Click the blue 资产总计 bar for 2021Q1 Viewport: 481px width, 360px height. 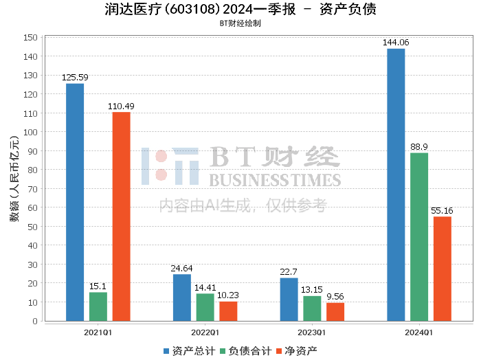[x=75, y=202]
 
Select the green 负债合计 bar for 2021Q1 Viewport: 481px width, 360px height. [x=98, y=306]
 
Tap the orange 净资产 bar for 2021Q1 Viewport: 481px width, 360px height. [x=121, y=216]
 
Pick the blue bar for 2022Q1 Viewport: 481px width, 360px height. [x=182, y=297]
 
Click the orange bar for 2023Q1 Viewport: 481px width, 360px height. [x=335, y=312]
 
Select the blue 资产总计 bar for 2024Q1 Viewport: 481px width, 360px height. [x=396, y=185]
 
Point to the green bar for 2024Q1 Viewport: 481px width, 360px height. [x=419, y=237]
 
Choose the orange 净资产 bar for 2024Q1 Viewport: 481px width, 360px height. [x=443, y=269]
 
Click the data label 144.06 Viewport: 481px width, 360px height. [x=396, y=43]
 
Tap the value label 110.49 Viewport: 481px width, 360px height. [x=121, y=106]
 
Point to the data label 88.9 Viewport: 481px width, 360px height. [x=419, y=147]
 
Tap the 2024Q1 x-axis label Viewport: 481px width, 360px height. [x=419, y=333]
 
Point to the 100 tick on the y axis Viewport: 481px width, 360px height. [x=30, y=132]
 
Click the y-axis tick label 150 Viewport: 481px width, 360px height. [x=30, y=38]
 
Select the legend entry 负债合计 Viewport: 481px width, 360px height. [x=240, y=351]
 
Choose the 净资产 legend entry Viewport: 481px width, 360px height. [x=295, y=351]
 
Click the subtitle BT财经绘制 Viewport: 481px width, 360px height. [x=240, y=23]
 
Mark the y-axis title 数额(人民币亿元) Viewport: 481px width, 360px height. [x=14, y=179]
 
